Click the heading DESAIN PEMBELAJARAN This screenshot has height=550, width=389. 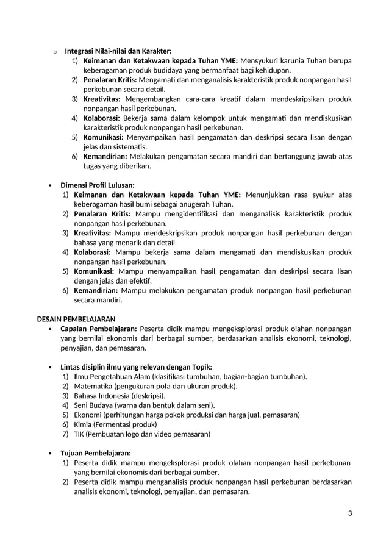pos(76,319)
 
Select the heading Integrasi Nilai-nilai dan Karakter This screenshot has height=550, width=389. pos(118,51)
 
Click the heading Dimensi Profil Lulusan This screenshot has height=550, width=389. pos(97,185)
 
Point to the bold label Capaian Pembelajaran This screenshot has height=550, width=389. pos(98,329)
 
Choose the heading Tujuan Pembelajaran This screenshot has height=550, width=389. pos(95,453)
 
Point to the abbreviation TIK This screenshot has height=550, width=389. pos(79,434)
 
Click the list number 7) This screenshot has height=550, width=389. pos(65,434)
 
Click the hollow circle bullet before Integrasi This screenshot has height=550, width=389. pos(55,52)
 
